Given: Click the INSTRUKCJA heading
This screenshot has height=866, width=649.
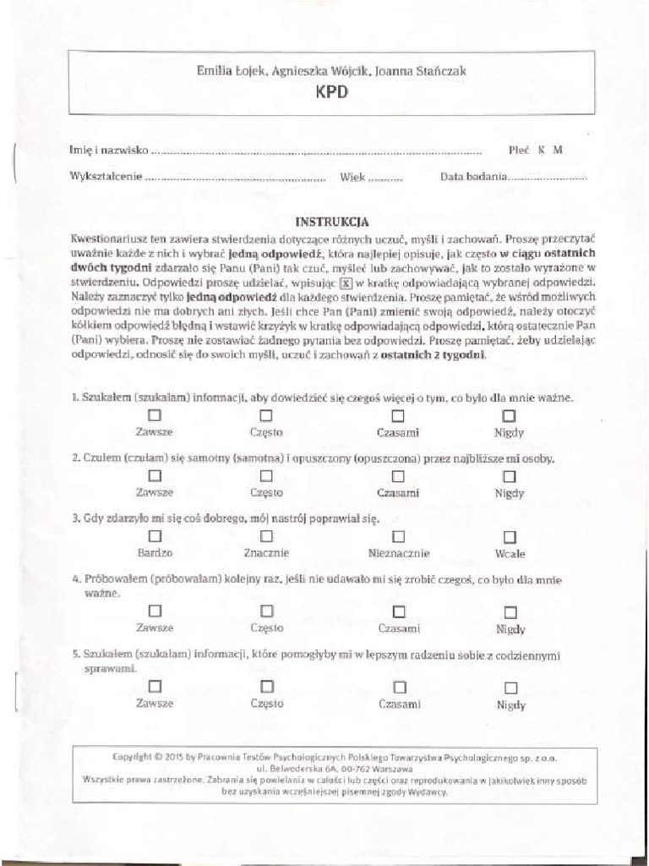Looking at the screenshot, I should click(331, 222).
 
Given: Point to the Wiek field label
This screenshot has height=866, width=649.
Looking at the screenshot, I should click(352, 178).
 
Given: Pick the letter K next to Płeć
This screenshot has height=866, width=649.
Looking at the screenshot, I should click(542, 151).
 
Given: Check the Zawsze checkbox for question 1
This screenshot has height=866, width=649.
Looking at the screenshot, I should click(155, 415).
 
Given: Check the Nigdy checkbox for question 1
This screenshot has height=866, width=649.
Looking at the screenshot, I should click(509, 416).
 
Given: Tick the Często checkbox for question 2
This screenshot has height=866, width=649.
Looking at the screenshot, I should click(266, 476).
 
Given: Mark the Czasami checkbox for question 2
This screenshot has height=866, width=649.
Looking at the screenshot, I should click(398, 476).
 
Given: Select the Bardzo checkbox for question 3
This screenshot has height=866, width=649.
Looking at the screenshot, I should click(155, 536).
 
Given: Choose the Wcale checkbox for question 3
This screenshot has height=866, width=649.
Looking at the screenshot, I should click(510, 537).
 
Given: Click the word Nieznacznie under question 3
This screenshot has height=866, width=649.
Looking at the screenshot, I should click(399, 554).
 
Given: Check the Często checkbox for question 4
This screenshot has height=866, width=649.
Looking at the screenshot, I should click(266, 610).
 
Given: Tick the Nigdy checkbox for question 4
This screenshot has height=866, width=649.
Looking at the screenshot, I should click(510, 611).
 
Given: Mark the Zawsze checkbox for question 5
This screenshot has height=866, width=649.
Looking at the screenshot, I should click(155, 685).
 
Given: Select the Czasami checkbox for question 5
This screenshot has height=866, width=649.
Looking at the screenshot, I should click(399, 687).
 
